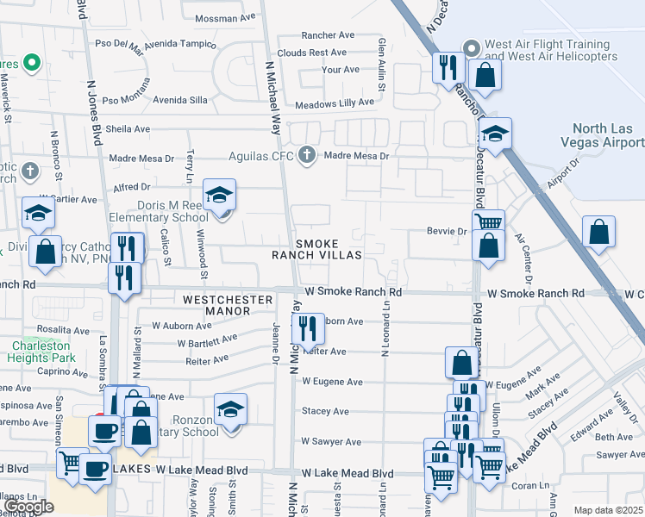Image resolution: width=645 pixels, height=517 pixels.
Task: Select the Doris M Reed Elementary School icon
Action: [x=220, y=196]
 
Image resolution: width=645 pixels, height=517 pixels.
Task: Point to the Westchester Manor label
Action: [x=228, y=300]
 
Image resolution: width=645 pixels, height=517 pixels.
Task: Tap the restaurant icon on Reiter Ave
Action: [x=308, y=328]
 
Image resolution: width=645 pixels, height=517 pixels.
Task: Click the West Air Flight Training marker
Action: [x=471, y=48]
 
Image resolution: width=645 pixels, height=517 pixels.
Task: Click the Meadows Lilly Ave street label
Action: [x=335, y=102]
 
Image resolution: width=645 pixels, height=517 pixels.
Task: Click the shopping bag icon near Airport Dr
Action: [x=598, y=232]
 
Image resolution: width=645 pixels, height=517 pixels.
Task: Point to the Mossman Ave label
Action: [x=226, y=17]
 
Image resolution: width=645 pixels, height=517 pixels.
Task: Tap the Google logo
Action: [x=28, y=507]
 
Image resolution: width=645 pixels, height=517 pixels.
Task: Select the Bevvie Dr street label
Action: [x=447, y=231]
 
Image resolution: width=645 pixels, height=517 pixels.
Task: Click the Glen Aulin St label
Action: [x=381, y=65]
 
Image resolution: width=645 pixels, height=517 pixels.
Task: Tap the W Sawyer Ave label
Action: [x=330, y=442]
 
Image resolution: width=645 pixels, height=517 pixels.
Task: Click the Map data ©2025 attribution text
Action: [x=608, y=510]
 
